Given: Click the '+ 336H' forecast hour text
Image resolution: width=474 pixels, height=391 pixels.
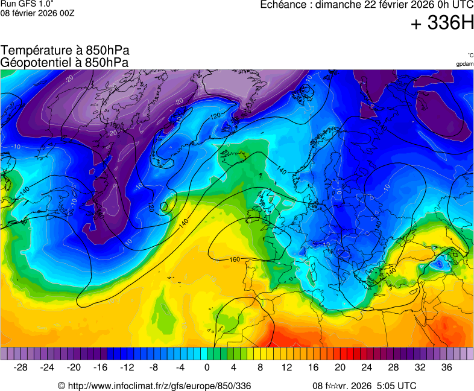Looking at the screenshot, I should [x=442, y=24].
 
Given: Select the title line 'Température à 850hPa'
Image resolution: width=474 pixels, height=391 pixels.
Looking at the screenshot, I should [x=65, y=51].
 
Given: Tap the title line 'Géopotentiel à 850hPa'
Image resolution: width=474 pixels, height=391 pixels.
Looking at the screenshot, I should [x=65, y=62].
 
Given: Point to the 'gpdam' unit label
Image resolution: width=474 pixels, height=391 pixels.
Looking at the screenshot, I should [x=465, y=63].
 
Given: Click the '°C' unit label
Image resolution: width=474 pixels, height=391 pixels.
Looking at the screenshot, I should [x=470, y=55].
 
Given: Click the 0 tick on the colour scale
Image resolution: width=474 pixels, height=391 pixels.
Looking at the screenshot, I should [x=207, y=367].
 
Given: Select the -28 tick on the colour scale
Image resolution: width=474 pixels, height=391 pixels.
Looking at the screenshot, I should [x=21, y=367].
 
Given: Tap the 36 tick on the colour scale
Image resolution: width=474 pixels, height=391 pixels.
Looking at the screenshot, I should [x=446, y=367].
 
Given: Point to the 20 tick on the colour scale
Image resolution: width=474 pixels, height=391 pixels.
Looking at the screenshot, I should [x=340, y=367].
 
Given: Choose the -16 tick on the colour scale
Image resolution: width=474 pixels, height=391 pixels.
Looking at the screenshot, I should [x=101, y=367].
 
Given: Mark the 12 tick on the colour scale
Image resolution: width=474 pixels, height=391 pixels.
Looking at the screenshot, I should [x=286, y=367].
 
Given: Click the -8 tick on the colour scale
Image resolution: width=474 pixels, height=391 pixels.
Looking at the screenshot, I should [x=154, y=367].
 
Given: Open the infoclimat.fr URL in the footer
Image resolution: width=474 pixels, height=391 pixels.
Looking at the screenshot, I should [x=159, y=386].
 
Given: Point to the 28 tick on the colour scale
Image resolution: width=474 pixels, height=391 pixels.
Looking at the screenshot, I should [x=393, y=367].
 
